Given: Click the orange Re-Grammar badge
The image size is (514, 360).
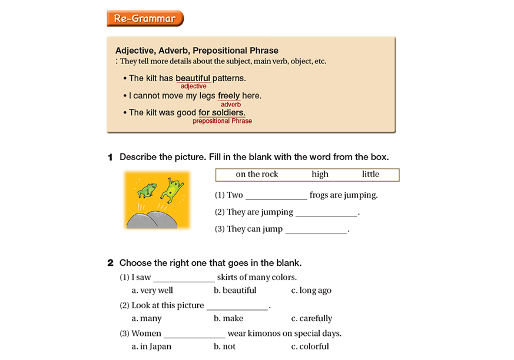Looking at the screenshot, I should (145, 18).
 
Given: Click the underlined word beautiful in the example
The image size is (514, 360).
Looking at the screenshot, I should (193, 78).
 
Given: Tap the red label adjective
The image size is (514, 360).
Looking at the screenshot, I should (193, 86).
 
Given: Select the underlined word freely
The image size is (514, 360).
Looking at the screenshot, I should (228, 95).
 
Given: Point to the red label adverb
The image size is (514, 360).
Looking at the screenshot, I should (231, 104).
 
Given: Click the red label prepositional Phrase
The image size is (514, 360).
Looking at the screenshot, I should (222, 121).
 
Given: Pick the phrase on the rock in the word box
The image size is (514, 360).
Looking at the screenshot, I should (257, 174).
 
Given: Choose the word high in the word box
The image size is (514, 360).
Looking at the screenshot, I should (320, 174).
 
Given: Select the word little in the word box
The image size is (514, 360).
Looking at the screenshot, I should (370, 174).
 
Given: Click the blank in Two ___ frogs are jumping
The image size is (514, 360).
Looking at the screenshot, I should (276, 196).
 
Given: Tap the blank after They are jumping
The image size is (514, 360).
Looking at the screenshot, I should (326, 212).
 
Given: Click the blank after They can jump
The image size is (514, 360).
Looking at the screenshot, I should (316, 229).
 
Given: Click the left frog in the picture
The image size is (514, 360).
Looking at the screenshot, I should (147, 189).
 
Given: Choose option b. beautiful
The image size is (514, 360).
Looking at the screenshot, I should (235, 290).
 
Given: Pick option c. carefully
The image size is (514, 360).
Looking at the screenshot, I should (311, 318).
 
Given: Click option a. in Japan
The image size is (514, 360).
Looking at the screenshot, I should (151, 346).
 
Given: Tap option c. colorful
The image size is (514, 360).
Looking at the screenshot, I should (310, 346).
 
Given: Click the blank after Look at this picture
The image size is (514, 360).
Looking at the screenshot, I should (237, 306).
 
